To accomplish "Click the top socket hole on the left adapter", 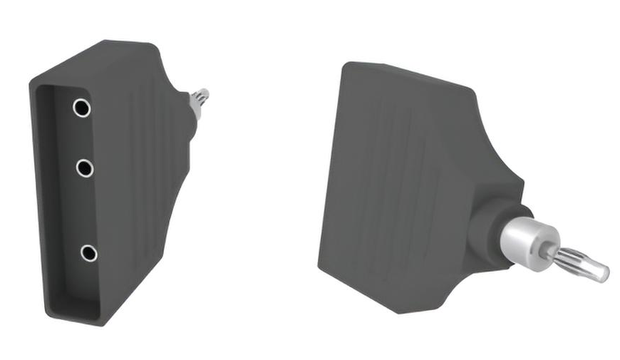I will [x=81, y=108].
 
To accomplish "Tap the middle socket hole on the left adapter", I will [x=85, y=168].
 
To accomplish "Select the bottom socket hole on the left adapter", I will [x=88, y=252].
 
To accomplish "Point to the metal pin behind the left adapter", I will [x=199, y=99].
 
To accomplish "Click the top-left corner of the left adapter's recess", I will [x=40, y=88].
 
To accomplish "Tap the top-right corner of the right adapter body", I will [x=472, y=90].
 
